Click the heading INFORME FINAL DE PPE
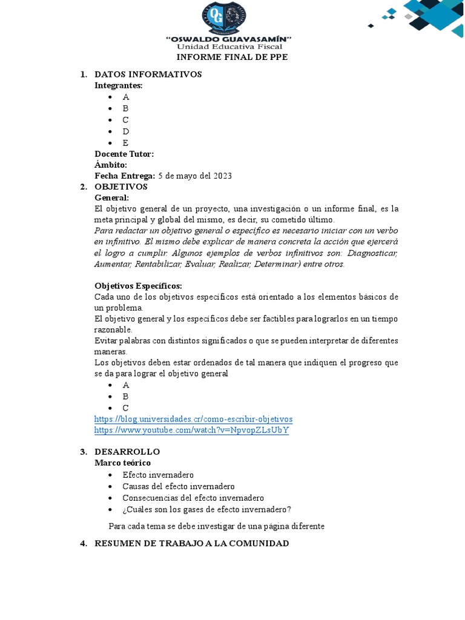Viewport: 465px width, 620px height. (x=232, y=58)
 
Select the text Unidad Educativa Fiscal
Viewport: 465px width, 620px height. (x=229, y=47)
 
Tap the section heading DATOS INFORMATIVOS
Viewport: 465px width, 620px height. (x=148, y=74)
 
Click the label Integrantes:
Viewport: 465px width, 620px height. (x=119, y=85)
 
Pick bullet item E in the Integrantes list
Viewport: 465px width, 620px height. (x=125, y=143)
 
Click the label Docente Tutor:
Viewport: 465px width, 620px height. (x=124, y=154)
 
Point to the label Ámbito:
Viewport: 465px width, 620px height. (x=111, y=165)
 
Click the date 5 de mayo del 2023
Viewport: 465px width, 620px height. (x=195, y=176)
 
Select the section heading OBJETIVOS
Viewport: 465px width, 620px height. (x=121, y=186)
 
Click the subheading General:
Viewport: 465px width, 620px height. (x=111, y=197)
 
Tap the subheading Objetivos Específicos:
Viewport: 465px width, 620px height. (x=138, y=286)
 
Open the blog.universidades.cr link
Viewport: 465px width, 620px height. (x=193, y=419)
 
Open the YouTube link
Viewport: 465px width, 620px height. (x=191, y=430)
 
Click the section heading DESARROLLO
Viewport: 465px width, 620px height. (x=127, y=452)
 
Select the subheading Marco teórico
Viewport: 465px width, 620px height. (x=122, y=463)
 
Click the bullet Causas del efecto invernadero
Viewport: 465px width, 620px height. (x=178, y=486)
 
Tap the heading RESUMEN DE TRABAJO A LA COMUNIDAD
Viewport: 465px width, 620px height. (x=191, y=543)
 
